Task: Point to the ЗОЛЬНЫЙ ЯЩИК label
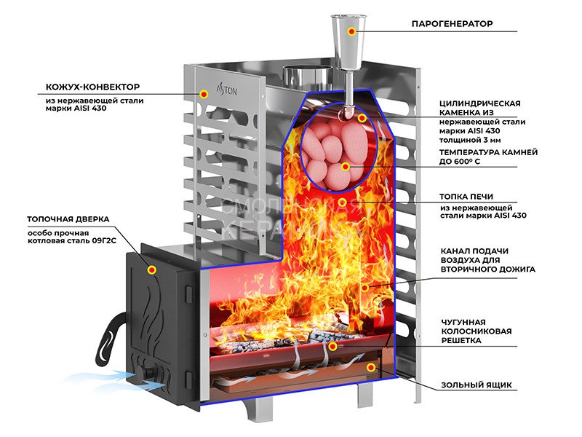[476, 384]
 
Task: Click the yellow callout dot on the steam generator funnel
[351, 31]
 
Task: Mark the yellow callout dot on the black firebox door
[152, 269]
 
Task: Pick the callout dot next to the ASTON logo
[204, 94]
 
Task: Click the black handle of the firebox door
[105, 336]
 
